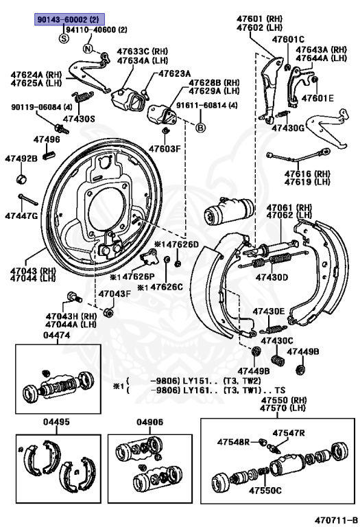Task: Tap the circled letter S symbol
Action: click(x=64, y=38)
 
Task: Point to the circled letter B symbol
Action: click(x=201, y=128)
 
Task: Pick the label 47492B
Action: click(x=21, y=159)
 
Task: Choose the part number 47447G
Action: click(x=21, y=215)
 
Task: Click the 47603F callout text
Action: click(x=165, y=148)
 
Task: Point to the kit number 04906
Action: click(x=149, y=421)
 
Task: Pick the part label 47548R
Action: click(x=234, y=441)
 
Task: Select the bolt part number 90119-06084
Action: click(x=42, y=107)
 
